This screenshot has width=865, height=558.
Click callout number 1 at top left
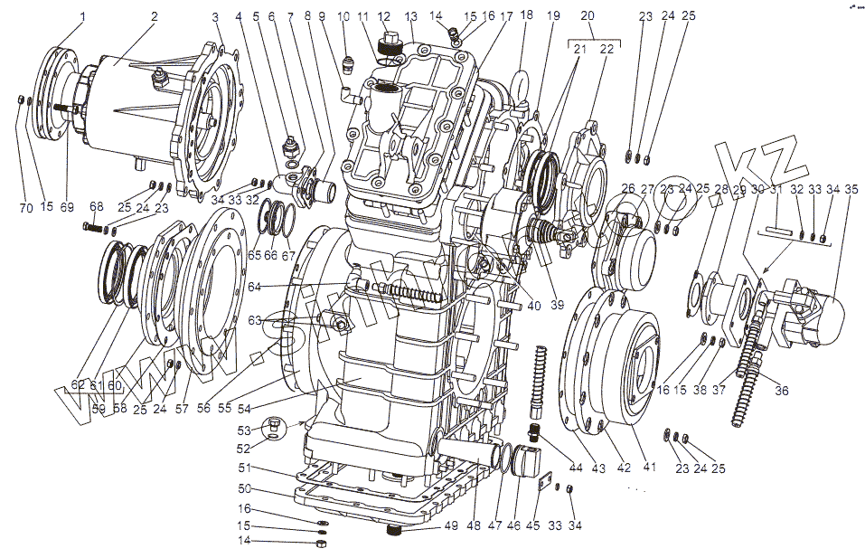point(82,16)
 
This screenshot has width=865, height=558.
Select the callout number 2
point(154,16)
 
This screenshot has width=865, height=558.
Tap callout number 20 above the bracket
point(588,16)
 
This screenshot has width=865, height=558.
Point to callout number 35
point(851,189)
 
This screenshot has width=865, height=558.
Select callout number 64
point(256,287)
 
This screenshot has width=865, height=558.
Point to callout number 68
point(97,205)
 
